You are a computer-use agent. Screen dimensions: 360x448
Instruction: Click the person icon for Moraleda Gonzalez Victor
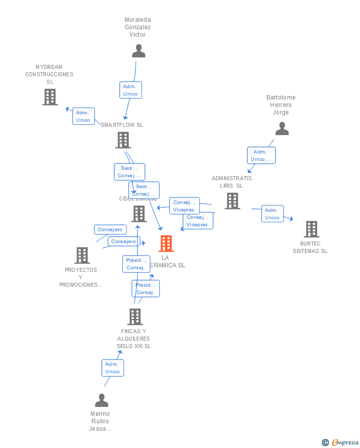(x=138, y=51)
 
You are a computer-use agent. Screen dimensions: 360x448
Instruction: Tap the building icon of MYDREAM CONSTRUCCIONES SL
(x=50, y=97)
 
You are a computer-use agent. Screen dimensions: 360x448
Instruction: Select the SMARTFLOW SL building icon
(x=123, y=140)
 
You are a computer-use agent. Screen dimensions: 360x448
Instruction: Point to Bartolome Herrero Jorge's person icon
(x=282, y=129)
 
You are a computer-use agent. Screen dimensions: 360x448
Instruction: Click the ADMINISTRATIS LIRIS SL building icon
(x=232, y=201)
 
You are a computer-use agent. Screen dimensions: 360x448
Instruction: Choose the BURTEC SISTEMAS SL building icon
(x=311, y=229)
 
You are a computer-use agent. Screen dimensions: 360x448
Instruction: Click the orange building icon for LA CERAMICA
(x=166, y=244)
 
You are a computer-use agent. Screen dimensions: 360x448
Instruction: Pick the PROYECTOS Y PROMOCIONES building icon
(x=82, y=255)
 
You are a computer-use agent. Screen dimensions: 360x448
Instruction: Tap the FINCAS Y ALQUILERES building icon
(x=135, y=317)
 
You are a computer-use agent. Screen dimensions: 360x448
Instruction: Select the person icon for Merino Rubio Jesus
(x=101, y=400)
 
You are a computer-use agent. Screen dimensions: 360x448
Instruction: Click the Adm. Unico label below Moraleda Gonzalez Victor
(x=131, y=90)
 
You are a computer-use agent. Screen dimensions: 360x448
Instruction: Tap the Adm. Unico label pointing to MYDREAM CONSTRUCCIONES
(x=83, y=116)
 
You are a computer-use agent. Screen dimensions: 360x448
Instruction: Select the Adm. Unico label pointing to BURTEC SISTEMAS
(x=272, y=214)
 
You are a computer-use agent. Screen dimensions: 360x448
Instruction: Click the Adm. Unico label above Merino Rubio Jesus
(x=112, y=368)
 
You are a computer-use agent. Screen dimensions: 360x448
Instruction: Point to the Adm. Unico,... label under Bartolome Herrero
(x=261, y=155)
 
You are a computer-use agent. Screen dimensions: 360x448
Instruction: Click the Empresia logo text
(x=345, y=442)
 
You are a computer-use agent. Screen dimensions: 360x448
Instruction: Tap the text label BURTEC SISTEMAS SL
(x=310, y=247)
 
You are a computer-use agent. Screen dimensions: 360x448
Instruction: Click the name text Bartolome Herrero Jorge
(x=281, y=105)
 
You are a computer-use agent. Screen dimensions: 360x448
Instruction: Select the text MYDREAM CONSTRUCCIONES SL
(x=49, y=74)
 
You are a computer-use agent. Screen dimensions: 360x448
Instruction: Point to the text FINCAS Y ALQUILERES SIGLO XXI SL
(x=134, y=339)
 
